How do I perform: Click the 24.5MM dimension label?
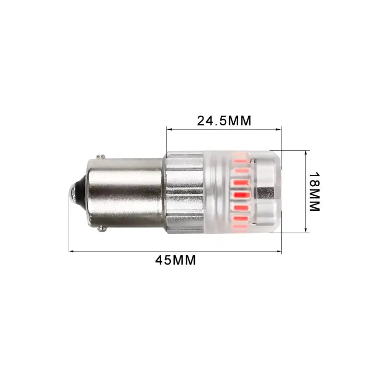[x=224, y=120]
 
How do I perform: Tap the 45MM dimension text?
[x=175, y=260]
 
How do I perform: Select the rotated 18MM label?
[x=314, y=192]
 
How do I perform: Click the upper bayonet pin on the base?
[x=100, y=157]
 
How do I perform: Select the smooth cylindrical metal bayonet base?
[x=125, y=192]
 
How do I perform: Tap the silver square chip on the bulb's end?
[x=265, y=193]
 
